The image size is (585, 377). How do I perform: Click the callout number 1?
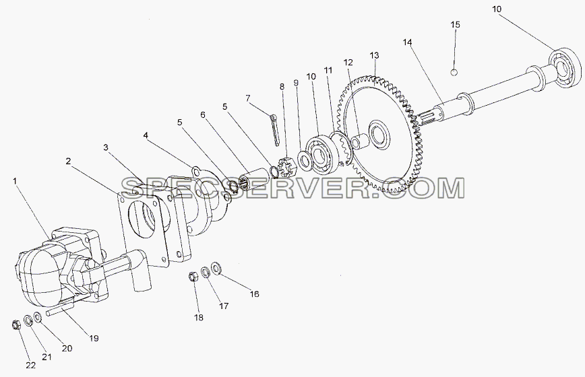click(15, 181)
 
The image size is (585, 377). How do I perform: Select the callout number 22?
click(30, 366)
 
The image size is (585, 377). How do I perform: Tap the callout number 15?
click(455, 25)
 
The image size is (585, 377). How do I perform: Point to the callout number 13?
click(374, 55)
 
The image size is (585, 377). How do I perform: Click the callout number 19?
click(94, 338)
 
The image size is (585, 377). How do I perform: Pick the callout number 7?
click(248, 98)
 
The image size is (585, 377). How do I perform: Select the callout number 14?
click(407, 42)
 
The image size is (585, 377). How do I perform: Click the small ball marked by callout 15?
click(454, 72)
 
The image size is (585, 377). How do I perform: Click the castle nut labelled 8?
click(287, 169)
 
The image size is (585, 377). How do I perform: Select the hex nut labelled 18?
click(193, 277)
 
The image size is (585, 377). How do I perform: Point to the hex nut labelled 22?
click(16, 324)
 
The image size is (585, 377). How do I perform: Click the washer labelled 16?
click(216, 267)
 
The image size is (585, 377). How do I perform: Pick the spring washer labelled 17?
click(205, 272)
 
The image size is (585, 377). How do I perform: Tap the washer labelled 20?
click(38, 317)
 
